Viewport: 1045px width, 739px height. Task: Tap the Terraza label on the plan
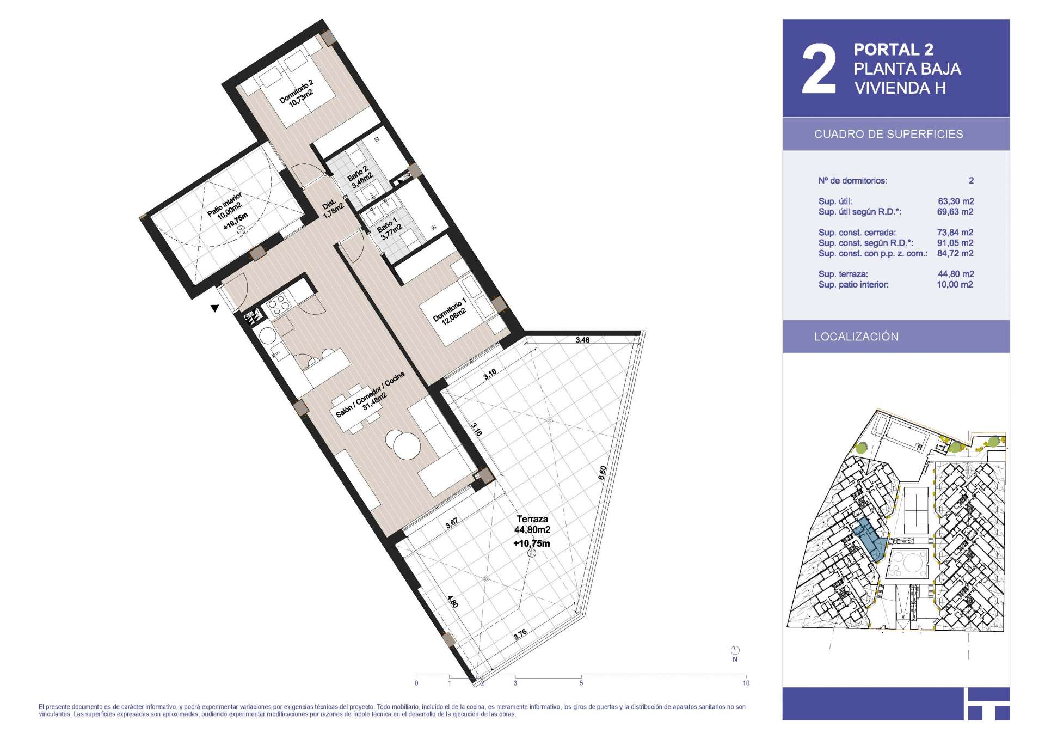(x=532, y=519)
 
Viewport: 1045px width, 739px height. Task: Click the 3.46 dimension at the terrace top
(x=582, y=340)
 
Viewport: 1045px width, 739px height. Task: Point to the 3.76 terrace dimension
(x=520, y=634)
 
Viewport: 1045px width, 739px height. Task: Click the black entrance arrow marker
(x=215, y=308)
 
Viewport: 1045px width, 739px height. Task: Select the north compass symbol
(x=735, y=650)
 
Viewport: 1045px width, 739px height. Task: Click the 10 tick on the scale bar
(x=746, y=683)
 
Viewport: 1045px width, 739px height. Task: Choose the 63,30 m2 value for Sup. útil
(x=956, y=201)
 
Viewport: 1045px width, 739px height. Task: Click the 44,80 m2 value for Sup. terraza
(x=956, y=274)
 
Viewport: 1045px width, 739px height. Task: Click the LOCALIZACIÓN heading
(x=856, y=337)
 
